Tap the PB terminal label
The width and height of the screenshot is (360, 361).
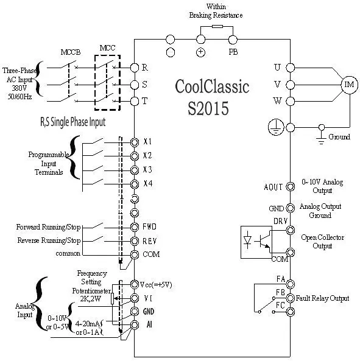[233, 52]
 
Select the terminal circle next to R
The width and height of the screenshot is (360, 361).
[135, 68]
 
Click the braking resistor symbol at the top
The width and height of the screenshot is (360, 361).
[217, 26]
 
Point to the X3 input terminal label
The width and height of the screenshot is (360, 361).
[147, 170]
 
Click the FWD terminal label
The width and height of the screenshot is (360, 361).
[149, 227]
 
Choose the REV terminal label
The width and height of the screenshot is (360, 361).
[149, 241]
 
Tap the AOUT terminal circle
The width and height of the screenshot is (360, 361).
[290, 187]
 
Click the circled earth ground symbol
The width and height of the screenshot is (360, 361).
[276, 127]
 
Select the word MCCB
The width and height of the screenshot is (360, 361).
[71, 52]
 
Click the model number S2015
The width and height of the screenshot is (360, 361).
[208, 108]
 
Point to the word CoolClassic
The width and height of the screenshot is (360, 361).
[212, 86]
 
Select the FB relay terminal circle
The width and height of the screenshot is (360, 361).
[291, 298]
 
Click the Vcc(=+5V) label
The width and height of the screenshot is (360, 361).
[156, 285]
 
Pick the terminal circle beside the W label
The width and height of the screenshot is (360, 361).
[290, 101]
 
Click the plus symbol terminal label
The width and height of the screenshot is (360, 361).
[200, 52]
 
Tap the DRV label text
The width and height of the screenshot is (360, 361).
[280, 221]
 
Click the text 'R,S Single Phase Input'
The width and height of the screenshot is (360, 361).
[72, 122]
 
